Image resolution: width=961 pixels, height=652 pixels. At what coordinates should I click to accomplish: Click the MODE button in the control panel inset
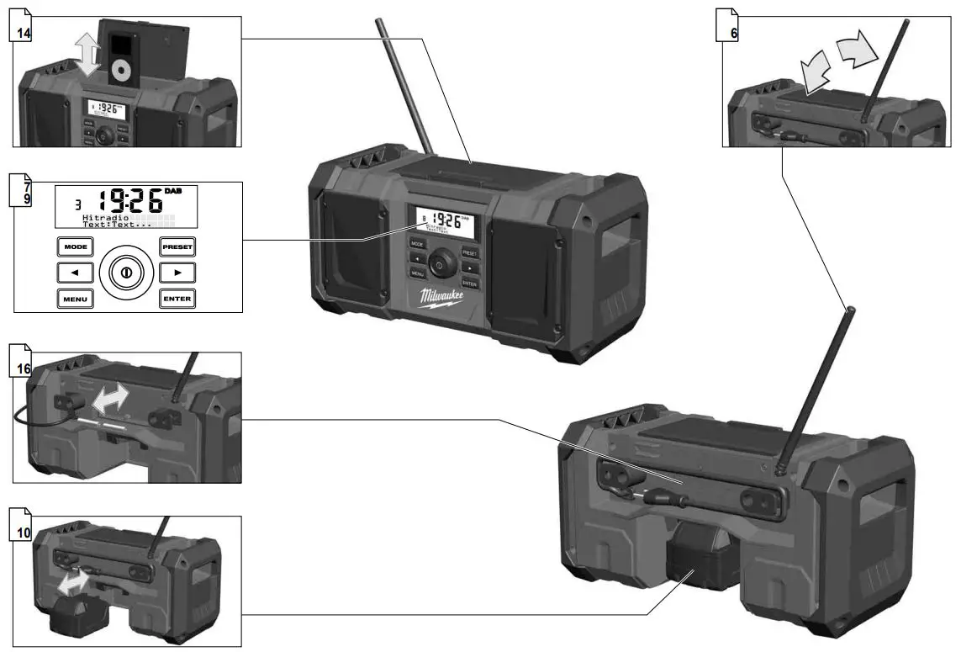pos(74,247)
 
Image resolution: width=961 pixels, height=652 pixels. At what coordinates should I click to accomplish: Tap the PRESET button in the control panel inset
pos(177,247)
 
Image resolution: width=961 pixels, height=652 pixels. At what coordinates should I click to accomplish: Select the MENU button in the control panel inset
pos(74,299)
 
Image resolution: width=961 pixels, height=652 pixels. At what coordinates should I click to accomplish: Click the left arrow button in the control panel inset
pos(74,273)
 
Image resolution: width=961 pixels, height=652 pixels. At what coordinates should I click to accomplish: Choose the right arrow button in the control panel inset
pos(177,273)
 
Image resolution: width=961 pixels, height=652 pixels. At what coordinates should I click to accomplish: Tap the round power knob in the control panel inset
pos(126,273)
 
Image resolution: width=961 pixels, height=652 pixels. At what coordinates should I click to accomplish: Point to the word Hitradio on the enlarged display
pos(101,218)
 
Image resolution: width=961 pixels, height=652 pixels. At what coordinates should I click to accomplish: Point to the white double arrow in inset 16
pos(110,398)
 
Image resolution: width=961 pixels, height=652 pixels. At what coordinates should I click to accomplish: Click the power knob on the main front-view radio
pos(437,263)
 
